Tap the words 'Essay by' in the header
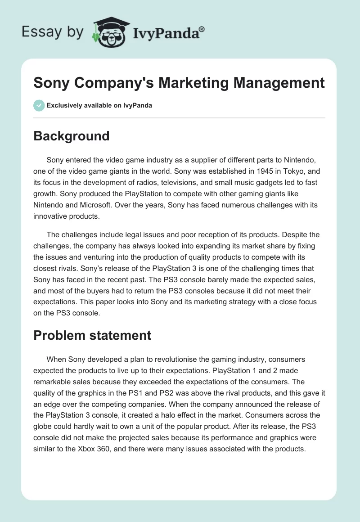coord(53,32)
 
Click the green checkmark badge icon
coord(39,105)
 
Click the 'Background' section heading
coord(72,136)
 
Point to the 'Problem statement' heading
coord(92,335)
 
